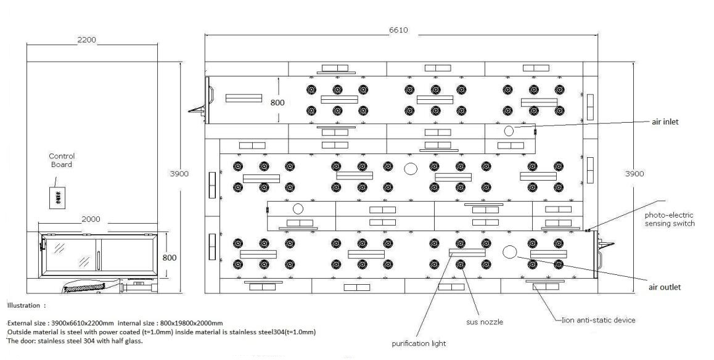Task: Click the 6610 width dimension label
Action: click(x=398, y=31)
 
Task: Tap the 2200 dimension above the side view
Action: click(x=86, y=40)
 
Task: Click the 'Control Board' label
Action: click(x=61, y=160)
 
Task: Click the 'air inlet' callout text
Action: click(x=665, y=122)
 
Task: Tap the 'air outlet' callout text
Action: click(x=665, y=287)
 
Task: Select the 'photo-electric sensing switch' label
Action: click(x=670, y=219)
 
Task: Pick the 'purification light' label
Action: click(x=419, y=343)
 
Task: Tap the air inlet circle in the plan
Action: click(x=509, y=131)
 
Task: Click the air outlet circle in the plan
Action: click(x=509, y=252)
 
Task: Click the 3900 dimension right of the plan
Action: click(x=634, y=174)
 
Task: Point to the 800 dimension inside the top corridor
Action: click(x=277, y=102)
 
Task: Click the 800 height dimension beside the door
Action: click(x=170, y=257)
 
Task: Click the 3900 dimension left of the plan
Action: click(x=179, y=174)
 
